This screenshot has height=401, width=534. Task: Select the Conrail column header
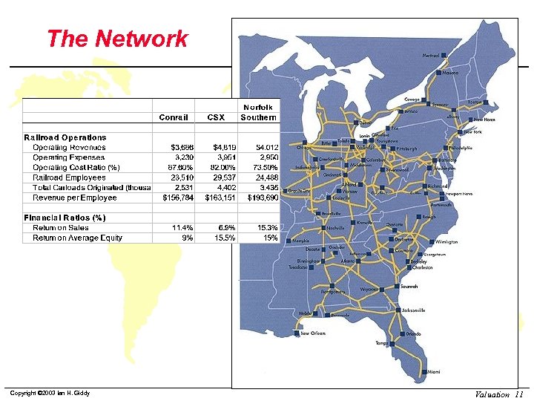click(x=174, y=117)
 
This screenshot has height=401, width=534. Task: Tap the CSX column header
click(x=216, y=117)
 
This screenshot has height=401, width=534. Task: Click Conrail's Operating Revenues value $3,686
click(x=179, y=148)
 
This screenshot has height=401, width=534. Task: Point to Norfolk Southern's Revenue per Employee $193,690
click(x=261, y=198)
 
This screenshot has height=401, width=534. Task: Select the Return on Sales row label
click(x=61, y=228)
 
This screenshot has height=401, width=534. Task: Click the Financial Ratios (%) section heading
click(x=65, y=218)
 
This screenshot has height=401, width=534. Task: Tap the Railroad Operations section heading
click(x=65, y=137)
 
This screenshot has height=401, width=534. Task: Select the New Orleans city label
click(x=312, y=333)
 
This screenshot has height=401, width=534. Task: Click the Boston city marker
click(x=487, y=102)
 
